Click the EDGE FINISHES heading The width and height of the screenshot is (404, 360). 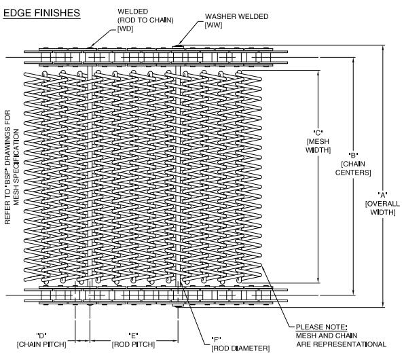click(x=41, y=13)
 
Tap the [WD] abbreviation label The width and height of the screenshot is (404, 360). click(x=125, y=29)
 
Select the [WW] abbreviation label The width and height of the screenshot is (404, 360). click(x=213, y=25)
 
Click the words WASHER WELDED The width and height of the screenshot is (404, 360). click(x=237, y=16)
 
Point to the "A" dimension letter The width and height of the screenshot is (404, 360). click(x=383, y=195)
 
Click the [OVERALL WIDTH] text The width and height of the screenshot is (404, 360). click(x=383, y=208)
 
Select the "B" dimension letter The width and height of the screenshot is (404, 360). click(x=353, y=155)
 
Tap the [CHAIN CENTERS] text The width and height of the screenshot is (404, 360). click(x=353, y=168)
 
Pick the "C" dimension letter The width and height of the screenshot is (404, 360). click(x=318, y=132)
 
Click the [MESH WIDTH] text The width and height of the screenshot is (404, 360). click(x=318, y=145)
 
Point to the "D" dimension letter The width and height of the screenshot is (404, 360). click(x=41, y=336)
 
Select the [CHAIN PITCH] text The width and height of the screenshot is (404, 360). click(x=41, y=344)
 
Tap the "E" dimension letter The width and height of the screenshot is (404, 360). click(x=133, y=336)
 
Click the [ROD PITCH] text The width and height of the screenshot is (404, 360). click(x=133, y=344)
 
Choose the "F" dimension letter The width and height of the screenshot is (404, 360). click(x=216, y=339)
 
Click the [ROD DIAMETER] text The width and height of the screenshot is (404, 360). click(x=240, y=348)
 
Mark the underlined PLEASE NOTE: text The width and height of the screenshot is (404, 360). click(x=321, y=327)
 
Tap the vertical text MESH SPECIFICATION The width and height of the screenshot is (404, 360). click(x=16, y=167)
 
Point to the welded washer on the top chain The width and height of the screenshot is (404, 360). click(x=178, y=47)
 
